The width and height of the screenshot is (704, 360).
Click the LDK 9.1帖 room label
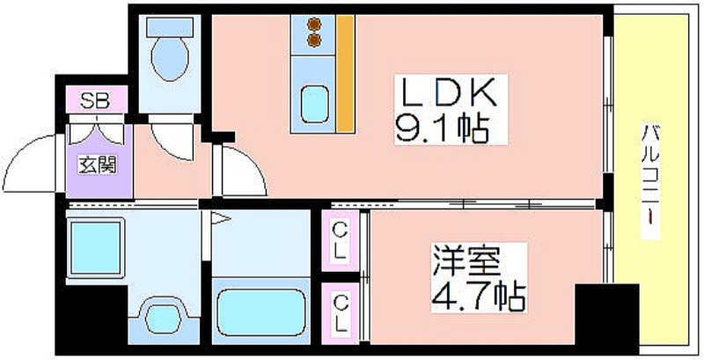(451, 109)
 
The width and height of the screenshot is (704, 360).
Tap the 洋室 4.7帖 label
(479, 278)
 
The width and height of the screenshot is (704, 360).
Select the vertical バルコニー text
(650, 180)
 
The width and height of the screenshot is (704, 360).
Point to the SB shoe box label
(95, 99)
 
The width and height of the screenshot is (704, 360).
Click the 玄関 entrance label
(98, 165)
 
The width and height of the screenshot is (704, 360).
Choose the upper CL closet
(341, 241)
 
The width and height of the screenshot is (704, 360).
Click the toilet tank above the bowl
(170, 27)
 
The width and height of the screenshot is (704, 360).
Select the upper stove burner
(315, 24)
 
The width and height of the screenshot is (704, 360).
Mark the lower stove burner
(315, 40)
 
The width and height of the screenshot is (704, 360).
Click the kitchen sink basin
(314, 105)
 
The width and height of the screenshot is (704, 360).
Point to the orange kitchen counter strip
(346, 74)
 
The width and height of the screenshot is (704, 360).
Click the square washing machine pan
(96, 247)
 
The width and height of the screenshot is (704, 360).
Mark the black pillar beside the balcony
(606, 319)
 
